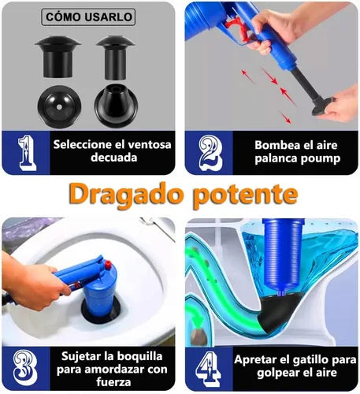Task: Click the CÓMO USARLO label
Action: pyautogui.click(x=89, y=17)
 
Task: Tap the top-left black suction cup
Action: pyautogui.click(x=55, y=52)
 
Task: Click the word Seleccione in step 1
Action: pyautogui.click(x=84, y=144)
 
